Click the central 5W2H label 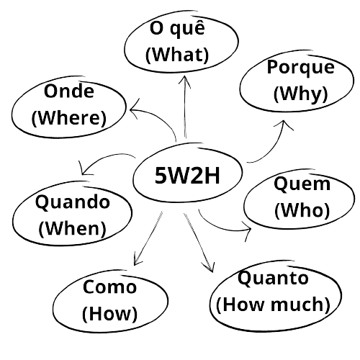click(187, 175)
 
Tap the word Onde click(69, 91)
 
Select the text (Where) click(69, 117)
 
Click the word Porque click(300, 68)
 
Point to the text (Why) click(300, 94)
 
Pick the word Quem click(302, 184)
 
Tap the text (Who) click(302, 210)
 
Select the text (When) click(72, 228)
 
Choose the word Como click(109, 287)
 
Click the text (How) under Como click(109, 313)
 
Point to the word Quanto click(273, 279)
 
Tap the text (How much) click(273, 305)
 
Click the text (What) click(177, 55)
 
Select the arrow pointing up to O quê click(185, 107)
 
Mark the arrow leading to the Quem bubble click(223, 229)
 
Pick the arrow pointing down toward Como click(148, 238)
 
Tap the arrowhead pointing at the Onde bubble click(135, 109)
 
